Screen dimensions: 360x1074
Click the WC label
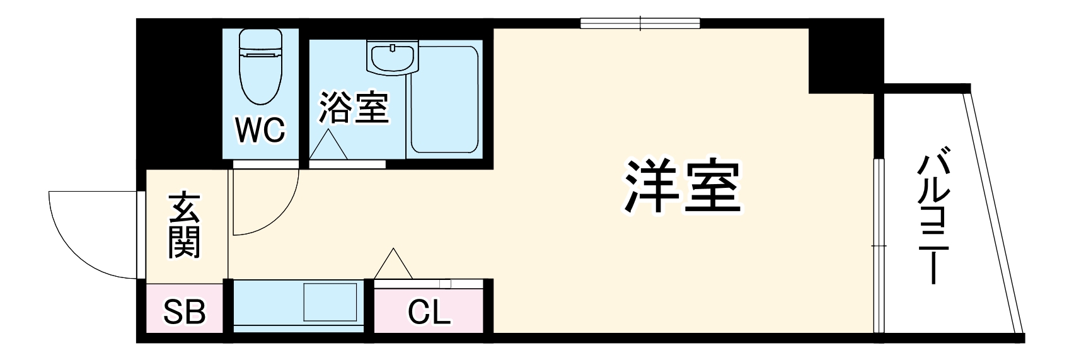click(x=261, y=130)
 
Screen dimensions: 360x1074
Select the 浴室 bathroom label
click(x=353, y=107)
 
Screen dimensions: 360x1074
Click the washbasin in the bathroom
click(x=392, y=59)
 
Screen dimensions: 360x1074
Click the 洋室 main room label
click(x=682, y=187)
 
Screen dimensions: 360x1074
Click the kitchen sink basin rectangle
click(x=331, y=303)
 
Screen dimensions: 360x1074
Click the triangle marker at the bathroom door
click(x=328, y=144)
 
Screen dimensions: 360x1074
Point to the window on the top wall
click(x=640, y=24)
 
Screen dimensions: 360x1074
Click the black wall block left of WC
click(x=180, y=95)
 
